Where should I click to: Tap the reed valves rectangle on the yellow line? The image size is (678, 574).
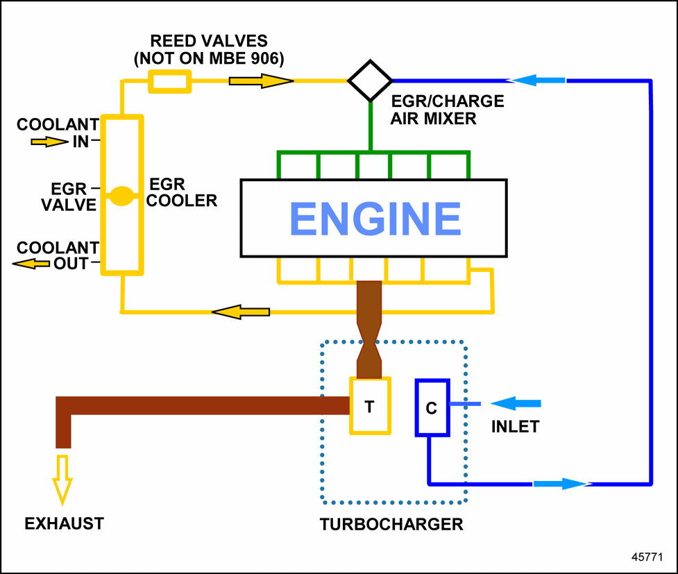tap(169, 82)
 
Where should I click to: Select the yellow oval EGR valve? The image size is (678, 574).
tap(122, 196)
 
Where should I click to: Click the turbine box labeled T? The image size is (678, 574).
tap(370, 406)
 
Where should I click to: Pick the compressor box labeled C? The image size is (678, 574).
tap(432, 408)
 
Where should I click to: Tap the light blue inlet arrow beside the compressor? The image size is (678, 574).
tap(516, 403)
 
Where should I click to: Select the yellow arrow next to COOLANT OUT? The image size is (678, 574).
tap(31, 263)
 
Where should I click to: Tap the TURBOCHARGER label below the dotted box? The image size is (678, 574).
tap(391, 524)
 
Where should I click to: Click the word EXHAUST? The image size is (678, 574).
tap(64, 523)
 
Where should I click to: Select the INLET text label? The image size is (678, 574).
tap(515, 426)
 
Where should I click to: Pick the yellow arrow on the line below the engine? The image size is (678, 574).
tap(240, 312)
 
